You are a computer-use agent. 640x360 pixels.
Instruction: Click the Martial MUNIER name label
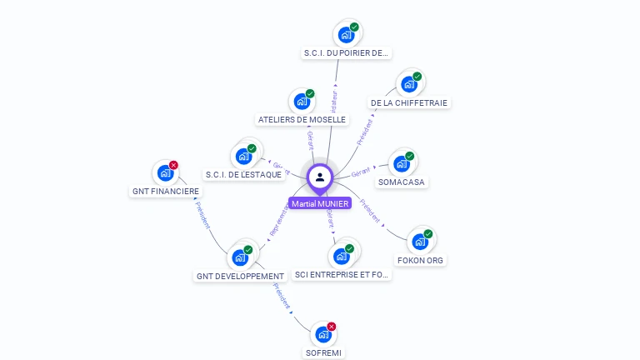[320, 203]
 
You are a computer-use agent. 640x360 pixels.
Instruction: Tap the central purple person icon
[320, 177]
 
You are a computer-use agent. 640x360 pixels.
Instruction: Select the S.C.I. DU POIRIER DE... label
[346, 53]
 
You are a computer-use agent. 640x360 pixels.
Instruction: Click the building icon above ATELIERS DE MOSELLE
[302, 102]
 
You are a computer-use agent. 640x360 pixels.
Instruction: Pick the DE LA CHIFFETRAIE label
[409, 103]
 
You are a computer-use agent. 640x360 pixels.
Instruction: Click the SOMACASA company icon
[401, 164]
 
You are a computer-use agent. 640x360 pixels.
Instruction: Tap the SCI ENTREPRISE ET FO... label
[342, 274]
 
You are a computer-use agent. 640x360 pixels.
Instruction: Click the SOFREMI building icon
[323, 335]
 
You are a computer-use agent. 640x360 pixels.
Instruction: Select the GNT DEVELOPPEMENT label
[241, 276]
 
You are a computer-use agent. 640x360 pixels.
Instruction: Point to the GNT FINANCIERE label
[166, 192]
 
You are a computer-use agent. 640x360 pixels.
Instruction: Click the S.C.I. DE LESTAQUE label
[243, 175]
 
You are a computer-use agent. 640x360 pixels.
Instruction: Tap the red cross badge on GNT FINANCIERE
[173, 165]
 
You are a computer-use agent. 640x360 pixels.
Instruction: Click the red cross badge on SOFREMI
[332, 327]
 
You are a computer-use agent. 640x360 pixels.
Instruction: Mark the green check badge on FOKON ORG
[428, 234]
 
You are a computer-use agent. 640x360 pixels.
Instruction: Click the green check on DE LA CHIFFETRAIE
[417, 77]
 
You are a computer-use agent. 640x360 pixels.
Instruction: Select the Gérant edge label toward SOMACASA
[361, 172]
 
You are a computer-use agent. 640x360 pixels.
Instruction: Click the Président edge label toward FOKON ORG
[371, 212]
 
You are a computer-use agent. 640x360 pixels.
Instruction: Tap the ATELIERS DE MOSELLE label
[302, 120]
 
